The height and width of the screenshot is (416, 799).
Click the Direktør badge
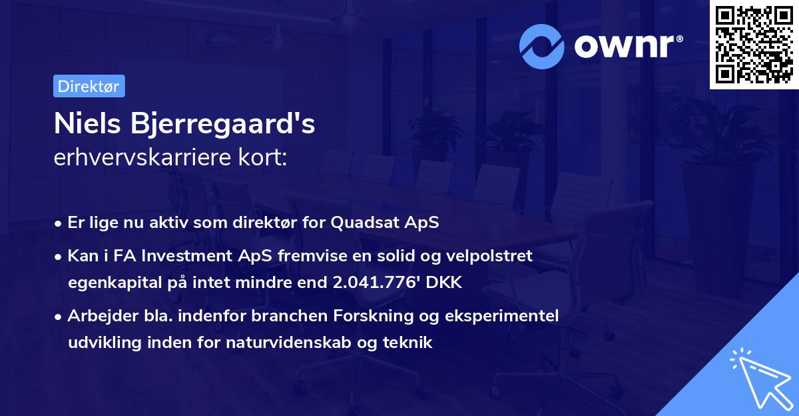point(89,86)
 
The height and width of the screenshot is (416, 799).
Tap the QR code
point(754,44)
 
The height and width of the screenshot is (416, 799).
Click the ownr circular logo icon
point(542,46)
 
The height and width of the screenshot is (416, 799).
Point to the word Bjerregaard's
point(227,125)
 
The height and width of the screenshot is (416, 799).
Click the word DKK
point(443,283)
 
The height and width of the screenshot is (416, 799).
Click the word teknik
point(409,343)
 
